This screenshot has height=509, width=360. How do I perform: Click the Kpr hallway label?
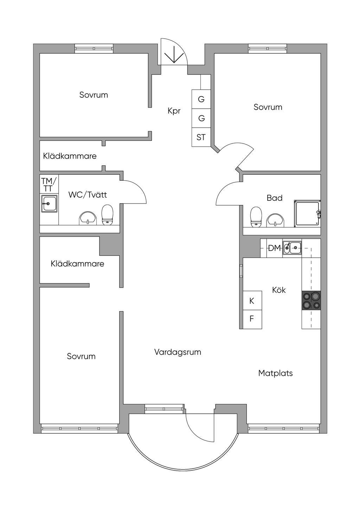[x=174, y=111]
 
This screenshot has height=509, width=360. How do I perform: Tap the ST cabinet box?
[x=201, y=137]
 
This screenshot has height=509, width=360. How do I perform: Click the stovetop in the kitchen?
[x=311, y=301]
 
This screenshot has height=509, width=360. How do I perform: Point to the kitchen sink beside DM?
[x=292, y=248]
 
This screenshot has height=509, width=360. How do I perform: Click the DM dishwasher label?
[x=275, y=248]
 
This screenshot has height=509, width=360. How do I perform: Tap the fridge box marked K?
[x=252, y=301]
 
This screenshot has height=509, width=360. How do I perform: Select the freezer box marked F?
[x=252, y=319]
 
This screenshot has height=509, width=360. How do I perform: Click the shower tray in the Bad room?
[x=307, y=213]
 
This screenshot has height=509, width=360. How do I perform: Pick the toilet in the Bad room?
[x=256, y=216]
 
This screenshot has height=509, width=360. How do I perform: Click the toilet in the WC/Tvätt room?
[x=108, y=215]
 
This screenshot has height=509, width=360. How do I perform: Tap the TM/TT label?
[x=49, y=185]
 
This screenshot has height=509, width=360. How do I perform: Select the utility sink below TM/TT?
[x=49, y=204]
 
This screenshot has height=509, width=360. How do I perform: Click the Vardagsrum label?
[x=178, y=352]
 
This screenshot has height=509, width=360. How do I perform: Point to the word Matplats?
[x=275, y=373]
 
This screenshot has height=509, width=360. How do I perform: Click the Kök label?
[x=279, y=290]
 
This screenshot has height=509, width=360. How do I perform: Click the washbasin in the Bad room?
[x=275, y=220]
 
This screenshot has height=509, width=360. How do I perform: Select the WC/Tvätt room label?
[x=88, y=195]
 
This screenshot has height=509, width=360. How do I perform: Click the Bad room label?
[x=275, y=198]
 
